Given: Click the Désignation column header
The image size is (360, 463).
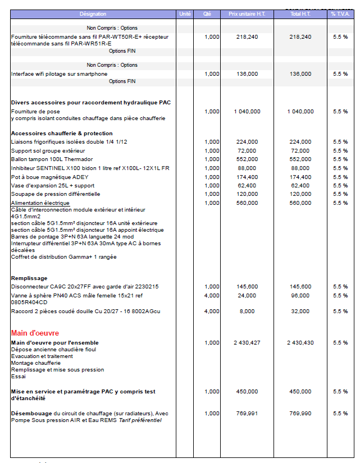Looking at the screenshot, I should (93, 13).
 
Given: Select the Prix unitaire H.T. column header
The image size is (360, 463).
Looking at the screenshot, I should (247, 13).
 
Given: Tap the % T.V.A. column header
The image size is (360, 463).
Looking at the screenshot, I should (340, 13).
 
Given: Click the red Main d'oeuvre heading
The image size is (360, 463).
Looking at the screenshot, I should (35, 333).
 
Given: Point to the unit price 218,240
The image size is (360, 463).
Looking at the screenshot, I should (247, 36).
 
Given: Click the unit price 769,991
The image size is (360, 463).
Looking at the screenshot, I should (247, 413).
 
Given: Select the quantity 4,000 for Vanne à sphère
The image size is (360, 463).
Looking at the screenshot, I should (212, 295).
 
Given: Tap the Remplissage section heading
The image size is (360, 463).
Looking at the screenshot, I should (29, 278).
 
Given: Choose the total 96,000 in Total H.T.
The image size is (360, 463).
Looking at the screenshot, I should (300, 295).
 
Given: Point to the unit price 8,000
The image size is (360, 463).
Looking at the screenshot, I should (247, 311).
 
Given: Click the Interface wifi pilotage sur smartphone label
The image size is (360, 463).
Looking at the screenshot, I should (59, 74).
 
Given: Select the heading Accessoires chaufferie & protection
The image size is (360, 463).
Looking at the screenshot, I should (62, 133).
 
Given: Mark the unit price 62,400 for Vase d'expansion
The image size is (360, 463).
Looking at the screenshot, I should (247, 185).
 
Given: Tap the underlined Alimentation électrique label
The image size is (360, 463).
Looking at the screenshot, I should (40, 203).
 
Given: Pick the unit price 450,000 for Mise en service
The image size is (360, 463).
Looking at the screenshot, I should (247, 392).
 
